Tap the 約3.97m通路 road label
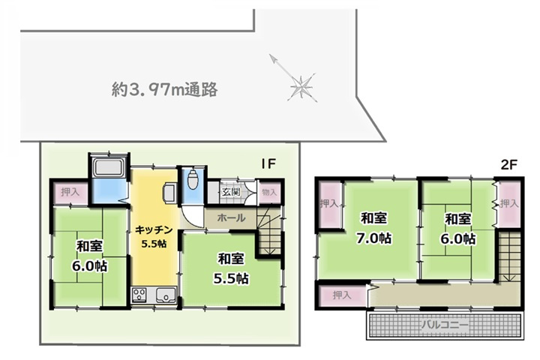click(x=164, y=90)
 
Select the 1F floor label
click(x=270, y=164)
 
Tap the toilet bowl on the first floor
click(x=192, y=180)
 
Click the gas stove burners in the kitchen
click(x=140, y=294)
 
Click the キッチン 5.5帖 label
click(x=155, y=237)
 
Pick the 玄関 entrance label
click(x=230, y=191)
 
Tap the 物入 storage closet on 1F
click(x=268, y=192)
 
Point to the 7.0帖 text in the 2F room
click(x=374, y=239)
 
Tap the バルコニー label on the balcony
click(x=445, y=325)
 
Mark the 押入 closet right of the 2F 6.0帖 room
click(x=509, y=203)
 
